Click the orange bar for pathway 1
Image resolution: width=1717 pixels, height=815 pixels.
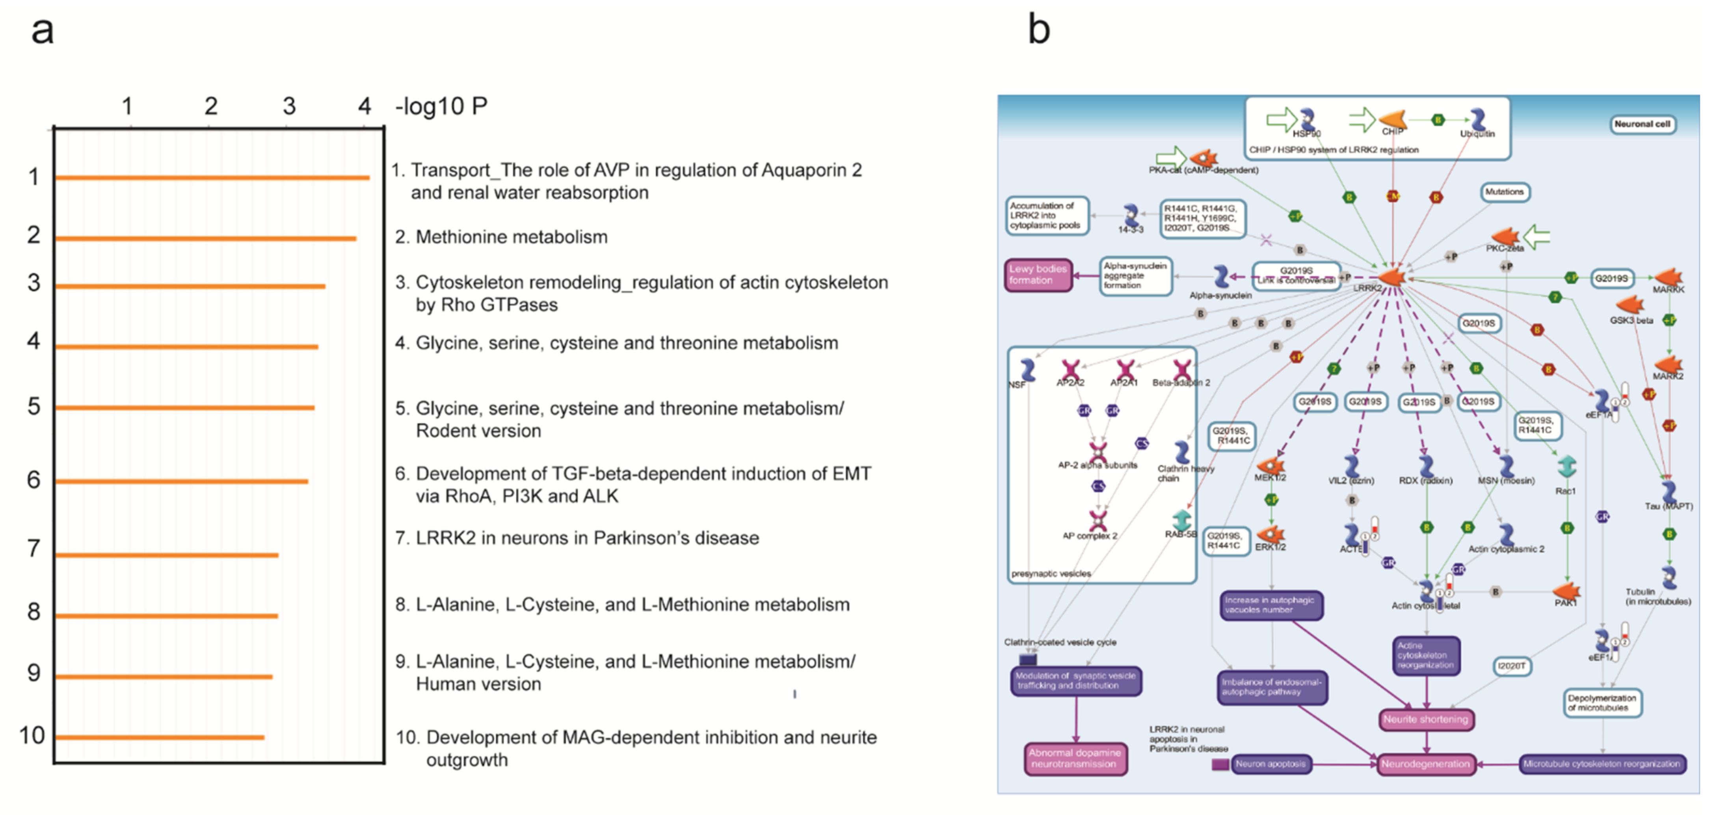tap(212, 178)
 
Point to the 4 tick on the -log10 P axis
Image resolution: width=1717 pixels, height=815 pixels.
tap(364, 106)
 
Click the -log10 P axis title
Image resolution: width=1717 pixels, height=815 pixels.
tap(441, 106)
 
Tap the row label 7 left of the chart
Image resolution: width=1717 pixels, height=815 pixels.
tap(33, 549)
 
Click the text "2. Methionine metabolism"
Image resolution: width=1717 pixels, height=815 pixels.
tap(501, 237)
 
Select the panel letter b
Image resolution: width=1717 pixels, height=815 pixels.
tap(1038, 30)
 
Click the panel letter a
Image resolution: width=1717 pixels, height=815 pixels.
tap(42, 30)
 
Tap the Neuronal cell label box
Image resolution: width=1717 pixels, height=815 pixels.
tap(1642, 124)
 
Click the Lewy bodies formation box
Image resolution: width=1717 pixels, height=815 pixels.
tap(1038, 275)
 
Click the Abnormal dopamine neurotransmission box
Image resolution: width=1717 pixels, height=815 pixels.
tap(1075, 758)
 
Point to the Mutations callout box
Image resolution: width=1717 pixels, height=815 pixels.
tap(1504, 192)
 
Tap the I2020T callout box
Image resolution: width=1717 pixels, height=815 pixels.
tap(1511, 666)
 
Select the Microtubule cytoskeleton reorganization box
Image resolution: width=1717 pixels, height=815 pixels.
tap(1602, 764)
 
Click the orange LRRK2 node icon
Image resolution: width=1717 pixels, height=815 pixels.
tap(1392, 277)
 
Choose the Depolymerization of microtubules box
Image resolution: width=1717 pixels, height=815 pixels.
tap(1602, 702)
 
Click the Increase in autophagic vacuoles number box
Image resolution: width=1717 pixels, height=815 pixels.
tap(1271, 605)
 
